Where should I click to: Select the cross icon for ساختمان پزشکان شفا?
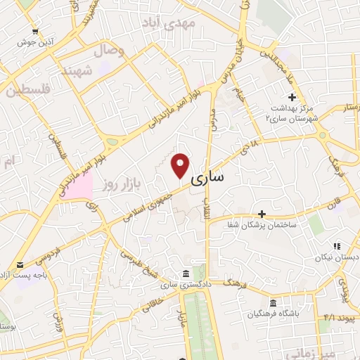point(262,213)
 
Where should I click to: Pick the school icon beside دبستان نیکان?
point(337,246)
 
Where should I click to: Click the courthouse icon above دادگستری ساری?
point(185,273)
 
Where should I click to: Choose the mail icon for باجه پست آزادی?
point(20,265)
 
